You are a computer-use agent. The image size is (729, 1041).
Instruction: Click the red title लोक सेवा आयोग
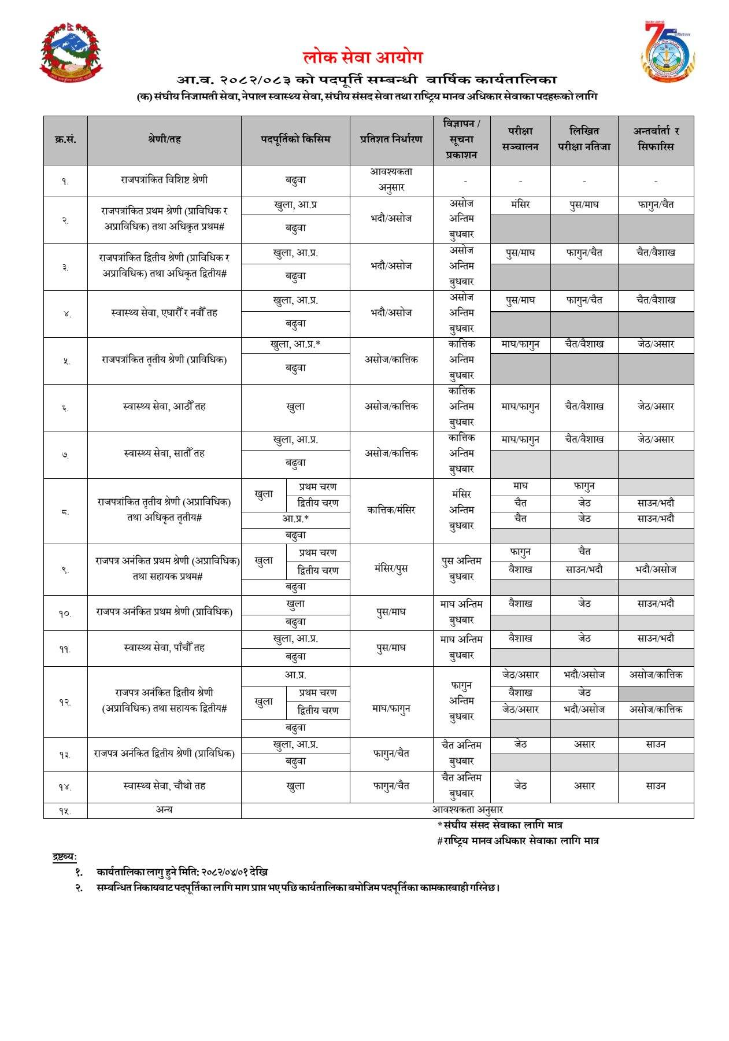363,57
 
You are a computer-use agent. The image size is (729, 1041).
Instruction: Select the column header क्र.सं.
65,140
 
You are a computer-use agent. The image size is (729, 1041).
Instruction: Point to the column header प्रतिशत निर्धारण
391,139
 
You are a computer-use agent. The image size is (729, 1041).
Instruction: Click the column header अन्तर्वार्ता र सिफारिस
656,139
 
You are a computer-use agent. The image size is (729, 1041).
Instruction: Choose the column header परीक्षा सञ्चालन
520,139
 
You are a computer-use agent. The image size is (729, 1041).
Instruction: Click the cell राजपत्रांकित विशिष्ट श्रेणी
164,180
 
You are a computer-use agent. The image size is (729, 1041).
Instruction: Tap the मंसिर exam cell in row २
520,205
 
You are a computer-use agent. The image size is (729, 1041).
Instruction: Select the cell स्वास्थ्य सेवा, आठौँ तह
164,407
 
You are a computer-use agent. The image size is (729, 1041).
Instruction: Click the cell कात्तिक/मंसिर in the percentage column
391,510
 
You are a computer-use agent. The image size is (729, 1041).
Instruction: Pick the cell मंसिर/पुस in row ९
391,569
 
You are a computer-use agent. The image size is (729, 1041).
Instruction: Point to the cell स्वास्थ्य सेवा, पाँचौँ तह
164,648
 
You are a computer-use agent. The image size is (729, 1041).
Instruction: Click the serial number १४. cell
65,787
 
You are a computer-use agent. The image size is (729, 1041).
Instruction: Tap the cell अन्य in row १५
164,810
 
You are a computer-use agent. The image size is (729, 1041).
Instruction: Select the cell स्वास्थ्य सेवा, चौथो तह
164,786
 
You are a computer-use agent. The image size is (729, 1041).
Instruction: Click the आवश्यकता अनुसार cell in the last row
467,810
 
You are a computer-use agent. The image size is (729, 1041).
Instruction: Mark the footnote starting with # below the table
517,841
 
